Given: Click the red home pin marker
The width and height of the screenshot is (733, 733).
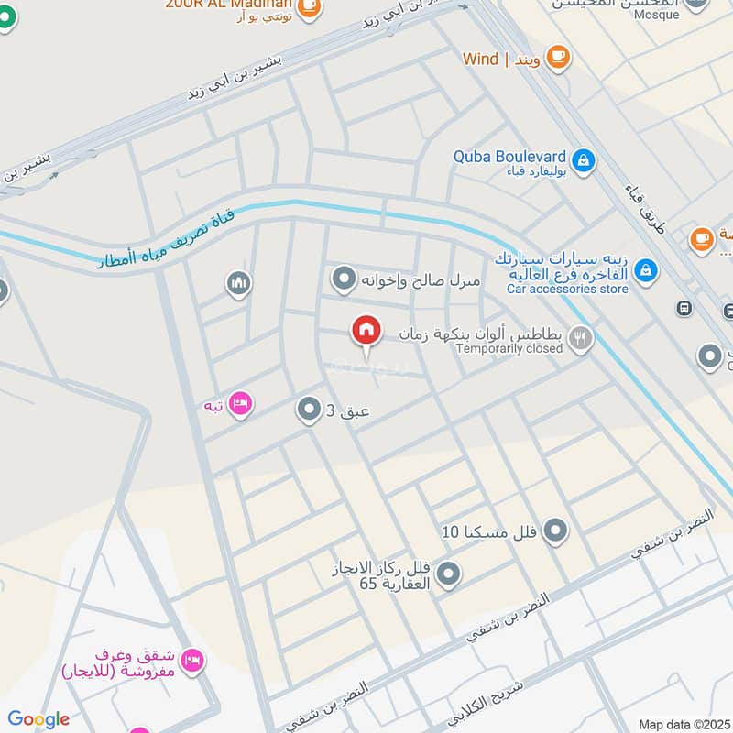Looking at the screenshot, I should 366,331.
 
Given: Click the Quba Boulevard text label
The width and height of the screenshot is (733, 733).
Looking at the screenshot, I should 509,157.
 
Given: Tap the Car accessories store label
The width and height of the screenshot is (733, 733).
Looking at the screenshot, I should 567,289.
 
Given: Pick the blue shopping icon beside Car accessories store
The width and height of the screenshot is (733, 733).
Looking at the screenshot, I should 646,270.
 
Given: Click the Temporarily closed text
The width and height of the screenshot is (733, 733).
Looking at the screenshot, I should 509,349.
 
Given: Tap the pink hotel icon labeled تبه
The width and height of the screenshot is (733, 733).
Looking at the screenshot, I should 240,403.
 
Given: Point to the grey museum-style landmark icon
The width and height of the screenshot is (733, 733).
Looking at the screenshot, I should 238,284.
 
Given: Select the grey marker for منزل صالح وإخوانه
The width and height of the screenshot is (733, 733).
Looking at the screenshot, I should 344,277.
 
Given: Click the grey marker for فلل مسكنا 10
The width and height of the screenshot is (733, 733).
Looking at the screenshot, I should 554,530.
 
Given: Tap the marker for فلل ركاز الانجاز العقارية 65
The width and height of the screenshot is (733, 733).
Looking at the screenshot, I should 448,574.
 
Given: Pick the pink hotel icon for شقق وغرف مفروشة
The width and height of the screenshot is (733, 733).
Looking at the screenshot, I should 191,659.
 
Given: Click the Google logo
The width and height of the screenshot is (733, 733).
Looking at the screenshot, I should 38,719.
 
